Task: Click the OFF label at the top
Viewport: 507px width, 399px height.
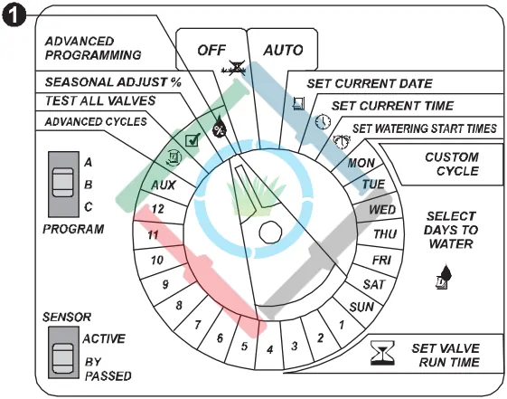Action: [x=211, y=50]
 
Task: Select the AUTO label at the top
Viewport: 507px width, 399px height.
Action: [x=283, y=50]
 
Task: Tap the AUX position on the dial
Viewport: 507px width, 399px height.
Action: [x=164, y=185]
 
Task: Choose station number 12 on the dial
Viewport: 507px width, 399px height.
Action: [x=158, y=209]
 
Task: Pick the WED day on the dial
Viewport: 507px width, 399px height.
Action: [x=382, y=210]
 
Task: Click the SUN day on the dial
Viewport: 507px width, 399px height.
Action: [x=361, y=307]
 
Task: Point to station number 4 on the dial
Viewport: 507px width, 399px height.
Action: [x=269, y=349]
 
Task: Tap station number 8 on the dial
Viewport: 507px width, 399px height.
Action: [x=179, y=305]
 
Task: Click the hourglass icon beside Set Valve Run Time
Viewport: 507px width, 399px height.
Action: [x=382, y=353]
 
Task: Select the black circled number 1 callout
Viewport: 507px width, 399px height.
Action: [x=14, y=15]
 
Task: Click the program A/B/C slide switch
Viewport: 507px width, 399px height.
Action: [x=63, y=185]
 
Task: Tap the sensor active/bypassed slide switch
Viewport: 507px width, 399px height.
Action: [x=63, y=352]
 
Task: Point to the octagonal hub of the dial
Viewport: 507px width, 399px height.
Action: [x=270, y=232]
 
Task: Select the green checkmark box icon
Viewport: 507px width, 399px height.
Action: [x=192, y=140]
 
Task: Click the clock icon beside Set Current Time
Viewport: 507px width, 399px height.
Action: [x=323, y=121]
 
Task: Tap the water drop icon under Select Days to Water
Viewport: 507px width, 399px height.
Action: [x=444, y=276]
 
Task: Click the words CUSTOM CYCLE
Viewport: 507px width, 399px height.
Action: [x=452, y=164]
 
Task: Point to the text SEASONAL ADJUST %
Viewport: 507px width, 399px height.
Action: [x=113, y=82]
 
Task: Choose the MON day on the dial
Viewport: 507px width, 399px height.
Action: [x=361, y=163]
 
